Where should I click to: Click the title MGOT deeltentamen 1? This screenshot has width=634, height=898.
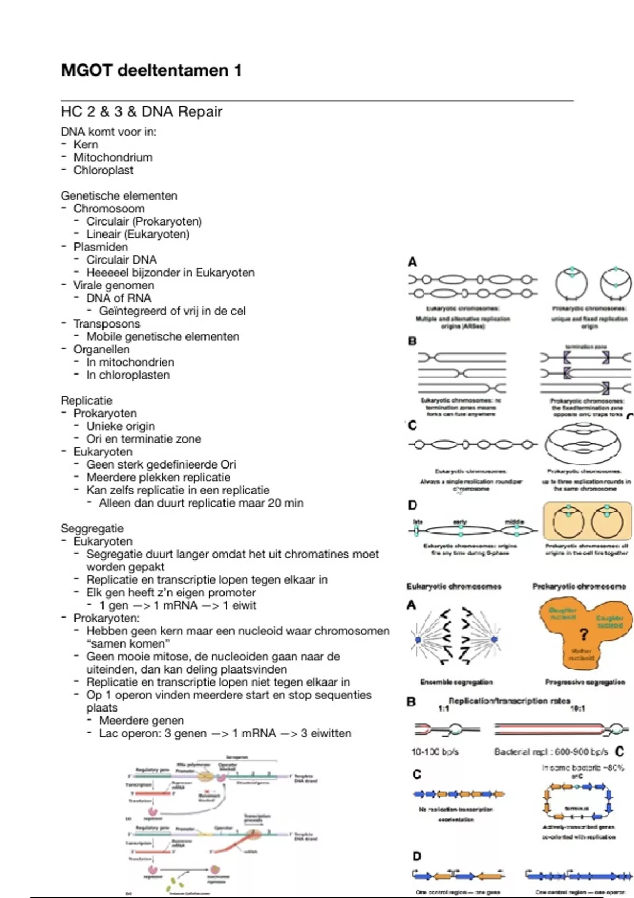pos(151,70)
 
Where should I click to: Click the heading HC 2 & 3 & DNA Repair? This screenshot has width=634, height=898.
pos(142,111)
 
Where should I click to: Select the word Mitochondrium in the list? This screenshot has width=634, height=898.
pos(113,157)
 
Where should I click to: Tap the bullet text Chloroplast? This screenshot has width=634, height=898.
pos(104,170)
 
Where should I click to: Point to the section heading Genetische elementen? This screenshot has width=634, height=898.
pos(119,195)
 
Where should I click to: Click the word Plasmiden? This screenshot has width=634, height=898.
pos(100,247)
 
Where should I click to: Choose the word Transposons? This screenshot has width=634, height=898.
pos(107,324)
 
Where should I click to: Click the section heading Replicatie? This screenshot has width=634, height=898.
pos(86,400)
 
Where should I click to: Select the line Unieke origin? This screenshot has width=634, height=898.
pos(120,426)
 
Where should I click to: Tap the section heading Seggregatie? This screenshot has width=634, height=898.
pos(92,528)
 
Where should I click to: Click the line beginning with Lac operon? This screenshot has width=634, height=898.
pos(225,733)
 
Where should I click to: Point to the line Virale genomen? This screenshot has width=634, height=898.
pos(114,285)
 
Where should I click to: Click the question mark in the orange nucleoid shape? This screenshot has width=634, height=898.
pos(583,634)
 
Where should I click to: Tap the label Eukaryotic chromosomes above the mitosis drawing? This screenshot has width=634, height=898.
pos(454,586)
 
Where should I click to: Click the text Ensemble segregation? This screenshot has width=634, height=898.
pos(456,682)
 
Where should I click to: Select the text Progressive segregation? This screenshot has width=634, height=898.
pos(585,682)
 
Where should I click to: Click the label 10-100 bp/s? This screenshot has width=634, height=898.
pos(435,751)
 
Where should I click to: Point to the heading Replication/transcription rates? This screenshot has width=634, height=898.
pos(509,701)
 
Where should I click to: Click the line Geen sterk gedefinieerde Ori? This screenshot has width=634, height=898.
pos(161,464)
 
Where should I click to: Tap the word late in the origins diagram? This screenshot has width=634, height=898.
pos(417,521)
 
